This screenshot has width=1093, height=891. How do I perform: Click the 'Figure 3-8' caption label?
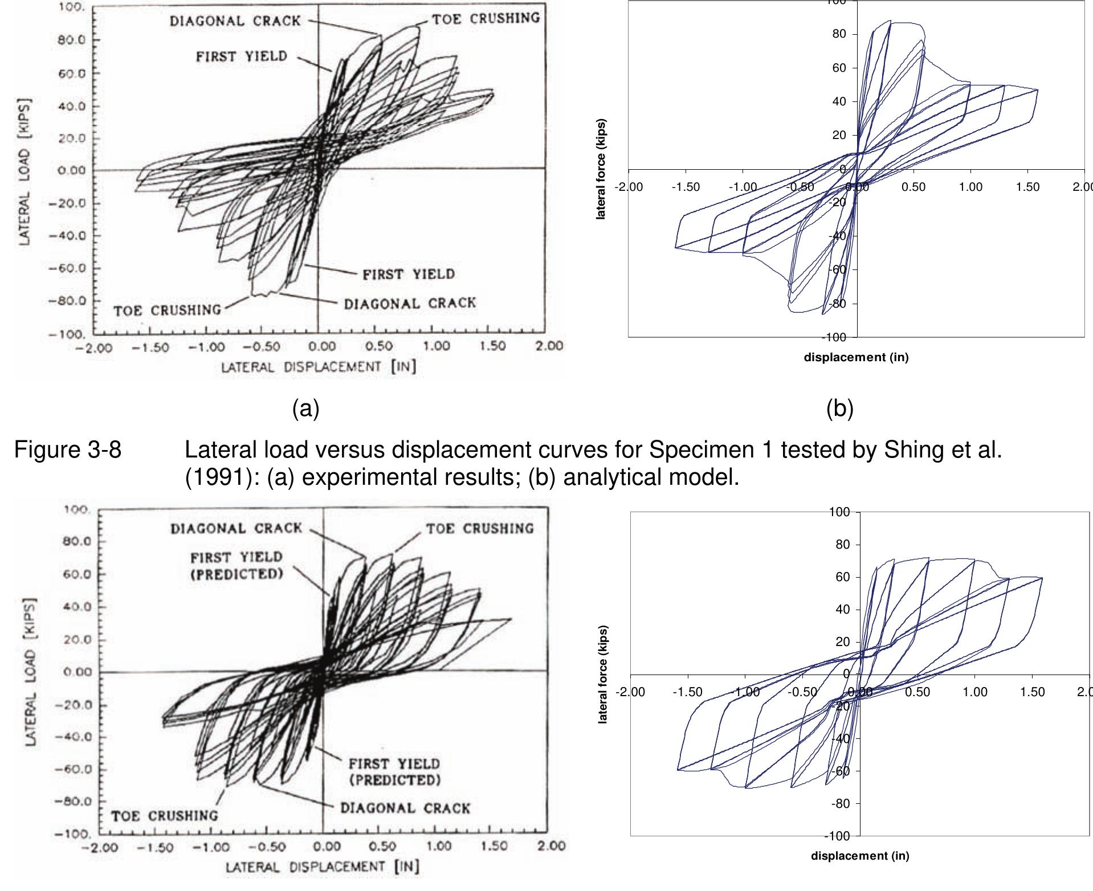tap(67, 450)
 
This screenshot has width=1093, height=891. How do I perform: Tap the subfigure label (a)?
tap(306, 408)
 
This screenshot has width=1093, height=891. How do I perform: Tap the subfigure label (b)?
tap(840, 408)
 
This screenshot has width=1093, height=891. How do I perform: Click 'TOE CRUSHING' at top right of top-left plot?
tap(486, 18)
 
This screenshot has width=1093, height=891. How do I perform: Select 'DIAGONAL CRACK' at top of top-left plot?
tap(235, 21)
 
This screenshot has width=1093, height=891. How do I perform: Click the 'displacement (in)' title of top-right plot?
tap(856, 357)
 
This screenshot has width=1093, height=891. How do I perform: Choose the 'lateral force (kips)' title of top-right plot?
tap(602, 169)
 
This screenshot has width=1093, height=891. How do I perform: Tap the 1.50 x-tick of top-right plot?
tap(1027, 187)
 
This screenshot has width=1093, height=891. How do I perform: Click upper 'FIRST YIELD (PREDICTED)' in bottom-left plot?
tap(236, 565)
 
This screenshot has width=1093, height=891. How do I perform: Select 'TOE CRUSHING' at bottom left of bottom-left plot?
tap(164, 816)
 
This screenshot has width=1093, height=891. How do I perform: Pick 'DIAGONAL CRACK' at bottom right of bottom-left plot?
tap(405, 808)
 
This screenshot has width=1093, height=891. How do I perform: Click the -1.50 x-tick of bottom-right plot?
tap(687, 692)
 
